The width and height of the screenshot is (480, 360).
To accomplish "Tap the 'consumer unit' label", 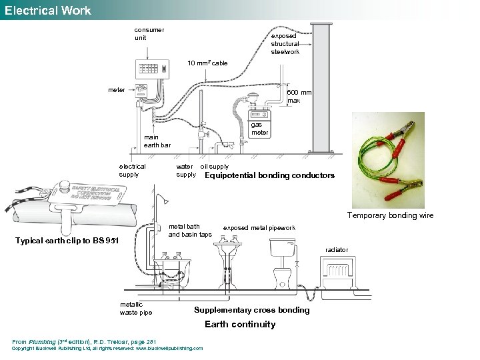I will pyautogui.click(x=149, y=34).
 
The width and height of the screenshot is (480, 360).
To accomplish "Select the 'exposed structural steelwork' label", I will pyautogui.click(x=285, y=44).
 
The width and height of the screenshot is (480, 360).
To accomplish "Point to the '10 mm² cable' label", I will pyautogui.click(x=207, y=63).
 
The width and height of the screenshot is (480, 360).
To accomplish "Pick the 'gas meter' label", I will pyautogui.click(x=259, y=129).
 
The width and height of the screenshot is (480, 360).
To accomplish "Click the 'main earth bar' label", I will pyautogui.click(x=157, y=141).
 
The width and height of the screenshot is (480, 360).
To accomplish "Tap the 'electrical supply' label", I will pyautogui.click(x=132, y=171).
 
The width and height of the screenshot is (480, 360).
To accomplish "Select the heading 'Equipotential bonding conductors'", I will pyautogui.click(x=269, y=176).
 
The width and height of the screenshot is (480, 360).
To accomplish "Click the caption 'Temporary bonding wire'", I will pyautogui.click(x=390, y=215).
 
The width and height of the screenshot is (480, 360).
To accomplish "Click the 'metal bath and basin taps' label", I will pyautogui.click(x=189, y=231).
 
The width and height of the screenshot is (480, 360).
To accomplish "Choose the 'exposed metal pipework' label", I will pyautogui.click(x=259, y=228).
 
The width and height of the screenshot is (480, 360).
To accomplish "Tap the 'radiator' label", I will pyautogui.click(x=337, y=249).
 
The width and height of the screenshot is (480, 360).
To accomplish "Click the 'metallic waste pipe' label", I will pyautogui.click(x=136, y=309).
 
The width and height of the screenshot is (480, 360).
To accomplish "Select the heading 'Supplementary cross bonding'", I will pyautogui.click(x=251, y=310).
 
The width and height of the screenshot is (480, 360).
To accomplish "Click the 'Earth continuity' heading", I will pyautogui.click(x=240, y=325).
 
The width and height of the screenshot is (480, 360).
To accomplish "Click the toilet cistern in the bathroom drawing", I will pyautogui.click(x=283, y=249).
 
